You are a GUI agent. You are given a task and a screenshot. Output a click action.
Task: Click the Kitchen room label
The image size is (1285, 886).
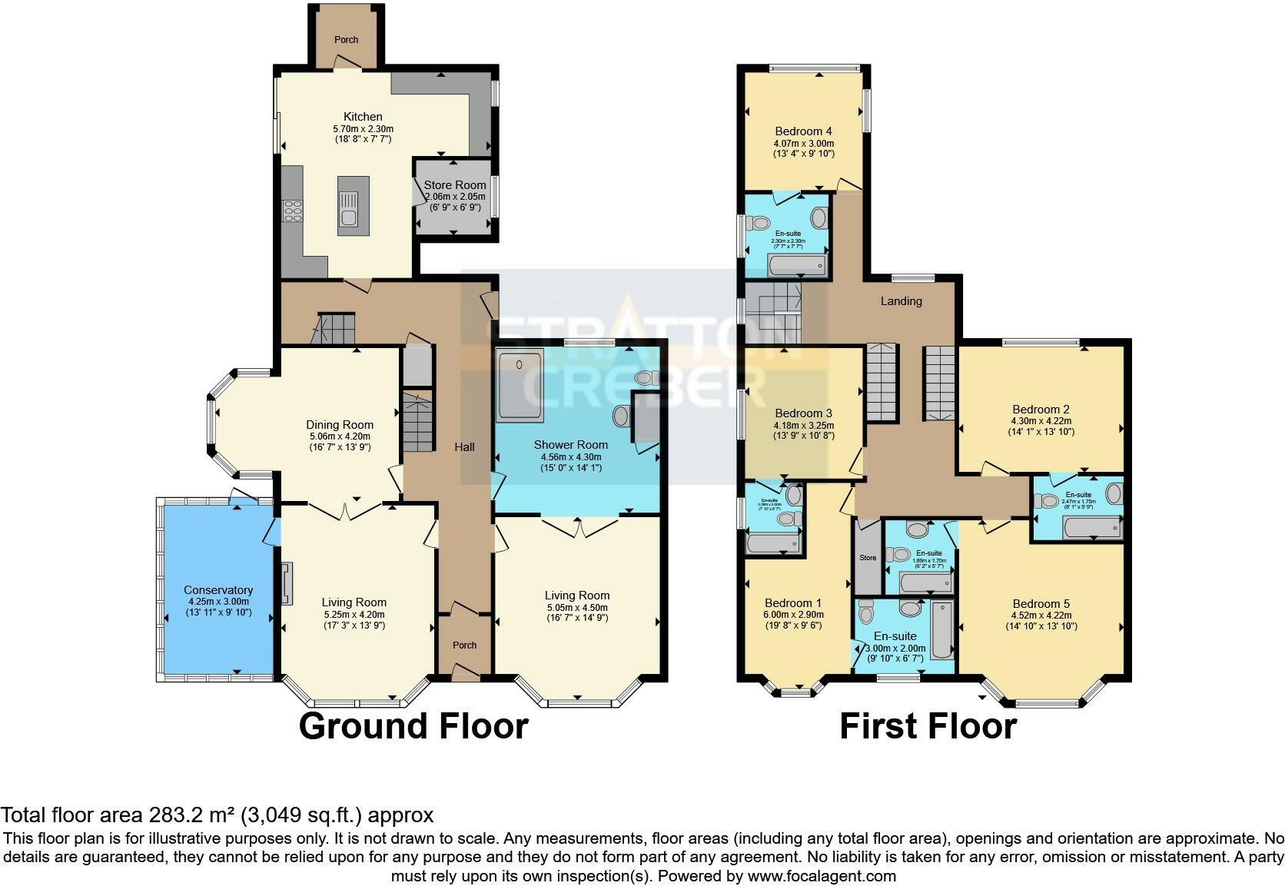click(x=363, y=117)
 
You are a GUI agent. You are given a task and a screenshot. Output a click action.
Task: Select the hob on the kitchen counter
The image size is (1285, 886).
click(x=293, y=210)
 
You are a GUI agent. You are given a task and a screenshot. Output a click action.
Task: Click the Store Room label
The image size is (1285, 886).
click(x=455, y=185)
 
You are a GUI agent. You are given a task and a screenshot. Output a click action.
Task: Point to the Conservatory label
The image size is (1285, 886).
click(x=218, y=590)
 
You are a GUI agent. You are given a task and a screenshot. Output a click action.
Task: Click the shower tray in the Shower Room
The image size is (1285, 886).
click(x=520, y=385)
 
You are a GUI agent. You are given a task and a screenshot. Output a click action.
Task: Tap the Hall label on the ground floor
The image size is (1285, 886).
click(x=464, y=447)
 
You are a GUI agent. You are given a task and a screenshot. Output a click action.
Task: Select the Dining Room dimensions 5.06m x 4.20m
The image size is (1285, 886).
click(x=340, y=436)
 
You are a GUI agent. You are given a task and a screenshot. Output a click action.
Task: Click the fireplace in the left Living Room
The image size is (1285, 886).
click(x=287, y=583)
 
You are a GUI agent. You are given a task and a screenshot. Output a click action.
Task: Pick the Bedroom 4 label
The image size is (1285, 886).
click(x=803, y=131)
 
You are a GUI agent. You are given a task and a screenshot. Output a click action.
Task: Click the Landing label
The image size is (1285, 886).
click(x=901, y=301)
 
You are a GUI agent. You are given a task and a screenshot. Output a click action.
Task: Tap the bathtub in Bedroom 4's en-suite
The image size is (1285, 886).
click(x=799, y=266)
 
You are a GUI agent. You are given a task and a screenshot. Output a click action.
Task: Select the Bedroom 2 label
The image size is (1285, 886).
click(x=1041, y=410)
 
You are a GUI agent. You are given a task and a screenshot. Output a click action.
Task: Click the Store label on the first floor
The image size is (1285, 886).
click(x=868, y=558)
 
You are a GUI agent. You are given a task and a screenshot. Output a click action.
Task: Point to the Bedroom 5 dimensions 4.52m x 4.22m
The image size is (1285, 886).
click(x=1041, y=615)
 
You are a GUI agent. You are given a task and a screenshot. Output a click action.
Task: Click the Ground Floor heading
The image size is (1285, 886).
click(x=413, y=726)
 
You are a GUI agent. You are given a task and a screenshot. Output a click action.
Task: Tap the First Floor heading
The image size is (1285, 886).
click(x=928, y=726)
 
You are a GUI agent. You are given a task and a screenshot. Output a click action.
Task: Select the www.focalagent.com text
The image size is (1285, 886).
click(x=822, y=876)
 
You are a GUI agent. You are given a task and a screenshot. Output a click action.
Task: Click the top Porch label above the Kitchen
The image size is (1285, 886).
click(x=346, y=40)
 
